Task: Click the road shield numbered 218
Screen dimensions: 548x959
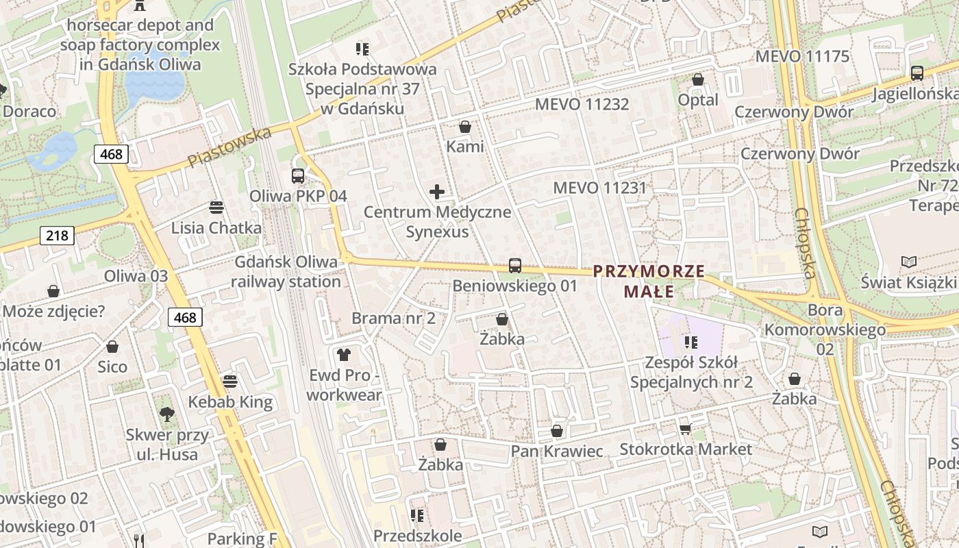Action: [x=57, y=236]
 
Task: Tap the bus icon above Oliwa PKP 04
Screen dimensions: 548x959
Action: [x=297, y=175]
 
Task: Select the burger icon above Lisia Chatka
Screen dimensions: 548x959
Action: [x=216, y=208]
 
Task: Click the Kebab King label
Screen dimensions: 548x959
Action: [x=230, y=401]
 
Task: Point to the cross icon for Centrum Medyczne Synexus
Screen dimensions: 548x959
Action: [x=437, y=192]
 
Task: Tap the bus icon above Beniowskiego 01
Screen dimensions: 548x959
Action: [x=515, y=266]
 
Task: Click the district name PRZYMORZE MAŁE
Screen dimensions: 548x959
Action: [x=649, y=281]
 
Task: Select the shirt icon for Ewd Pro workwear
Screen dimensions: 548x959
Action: [x=343, y=355]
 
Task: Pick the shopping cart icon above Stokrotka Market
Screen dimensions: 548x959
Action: [x=685, y=429]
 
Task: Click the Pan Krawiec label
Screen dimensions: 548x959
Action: [x=557, y=451]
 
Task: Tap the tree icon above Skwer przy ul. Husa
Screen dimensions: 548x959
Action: [x=166, y=414]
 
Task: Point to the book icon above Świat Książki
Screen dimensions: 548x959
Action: [x=908, y=262]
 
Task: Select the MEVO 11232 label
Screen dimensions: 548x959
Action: [x=582, y=104]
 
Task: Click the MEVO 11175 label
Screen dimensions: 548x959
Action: [x=801, y=56]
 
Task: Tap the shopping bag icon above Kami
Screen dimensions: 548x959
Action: [x=465, y=127]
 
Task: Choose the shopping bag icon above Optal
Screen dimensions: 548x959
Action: [x=698, y=79]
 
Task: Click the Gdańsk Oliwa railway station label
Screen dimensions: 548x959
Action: [x=286, y=271]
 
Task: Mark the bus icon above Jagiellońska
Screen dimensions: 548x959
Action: [x=917, y=73]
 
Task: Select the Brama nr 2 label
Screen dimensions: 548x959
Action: [x=393, y=318]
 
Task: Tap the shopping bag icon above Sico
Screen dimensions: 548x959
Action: [x=112, y=347]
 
